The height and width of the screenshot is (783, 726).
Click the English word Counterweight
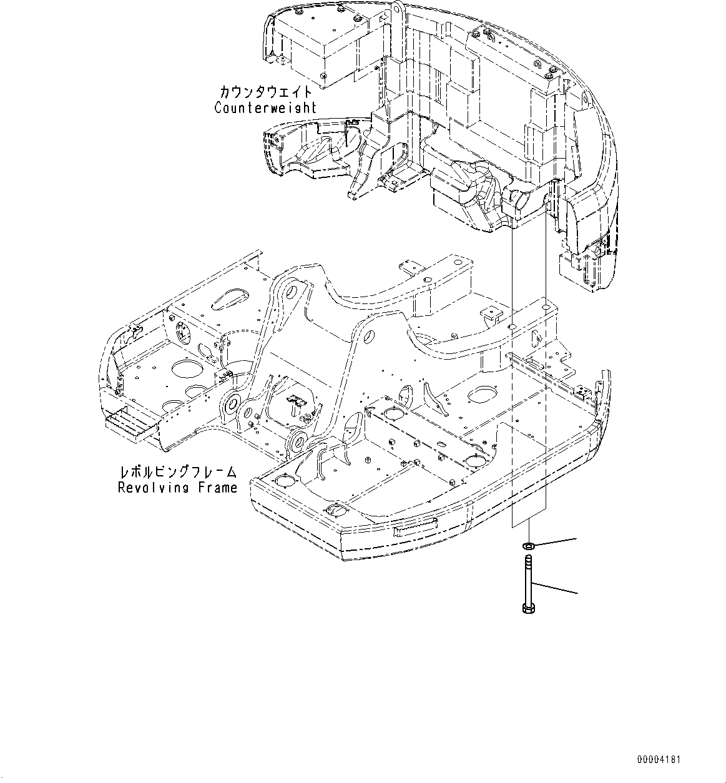265,107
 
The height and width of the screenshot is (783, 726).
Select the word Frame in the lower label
215,487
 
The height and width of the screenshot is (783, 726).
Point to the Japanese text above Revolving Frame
178,472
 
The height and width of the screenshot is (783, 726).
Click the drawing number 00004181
659,760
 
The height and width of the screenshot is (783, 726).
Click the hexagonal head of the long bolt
525,608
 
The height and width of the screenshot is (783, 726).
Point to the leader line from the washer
556,541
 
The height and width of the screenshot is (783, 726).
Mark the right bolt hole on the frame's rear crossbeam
547,308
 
